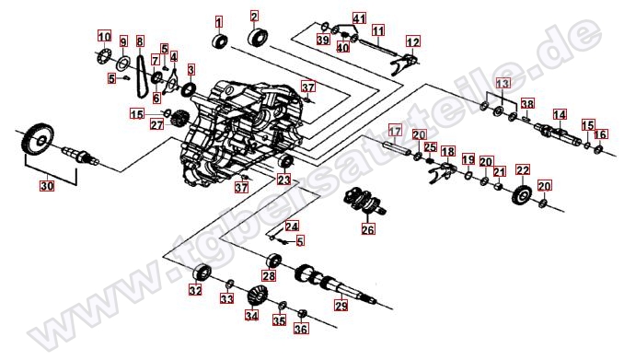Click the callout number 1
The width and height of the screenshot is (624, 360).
219,20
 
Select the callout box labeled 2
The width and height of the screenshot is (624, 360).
254,16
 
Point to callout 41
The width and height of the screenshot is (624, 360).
359,18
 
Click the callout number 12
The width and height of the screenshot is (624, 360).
412,41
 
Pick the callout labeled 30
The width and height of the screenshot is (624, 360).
46,185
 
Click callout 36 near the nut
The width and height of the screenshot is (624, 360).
301,329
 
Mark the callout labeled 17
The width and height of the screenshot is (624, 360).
394,129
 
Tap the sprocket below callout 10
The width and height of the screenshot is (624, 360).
104,59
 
